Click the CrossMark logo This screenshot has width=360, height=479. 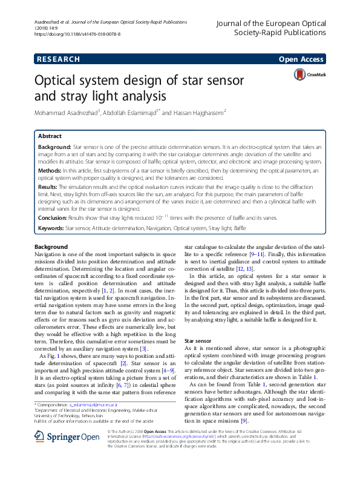pos(309,74)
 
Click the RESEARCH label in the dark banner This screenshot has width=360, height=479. pos(59,59)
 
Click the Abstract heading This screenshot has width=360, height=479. pos(50,136)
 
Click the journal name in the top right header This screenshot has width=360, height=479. pos(270,28)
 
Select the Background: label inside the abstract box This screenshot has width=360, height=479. pos(54,147)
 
